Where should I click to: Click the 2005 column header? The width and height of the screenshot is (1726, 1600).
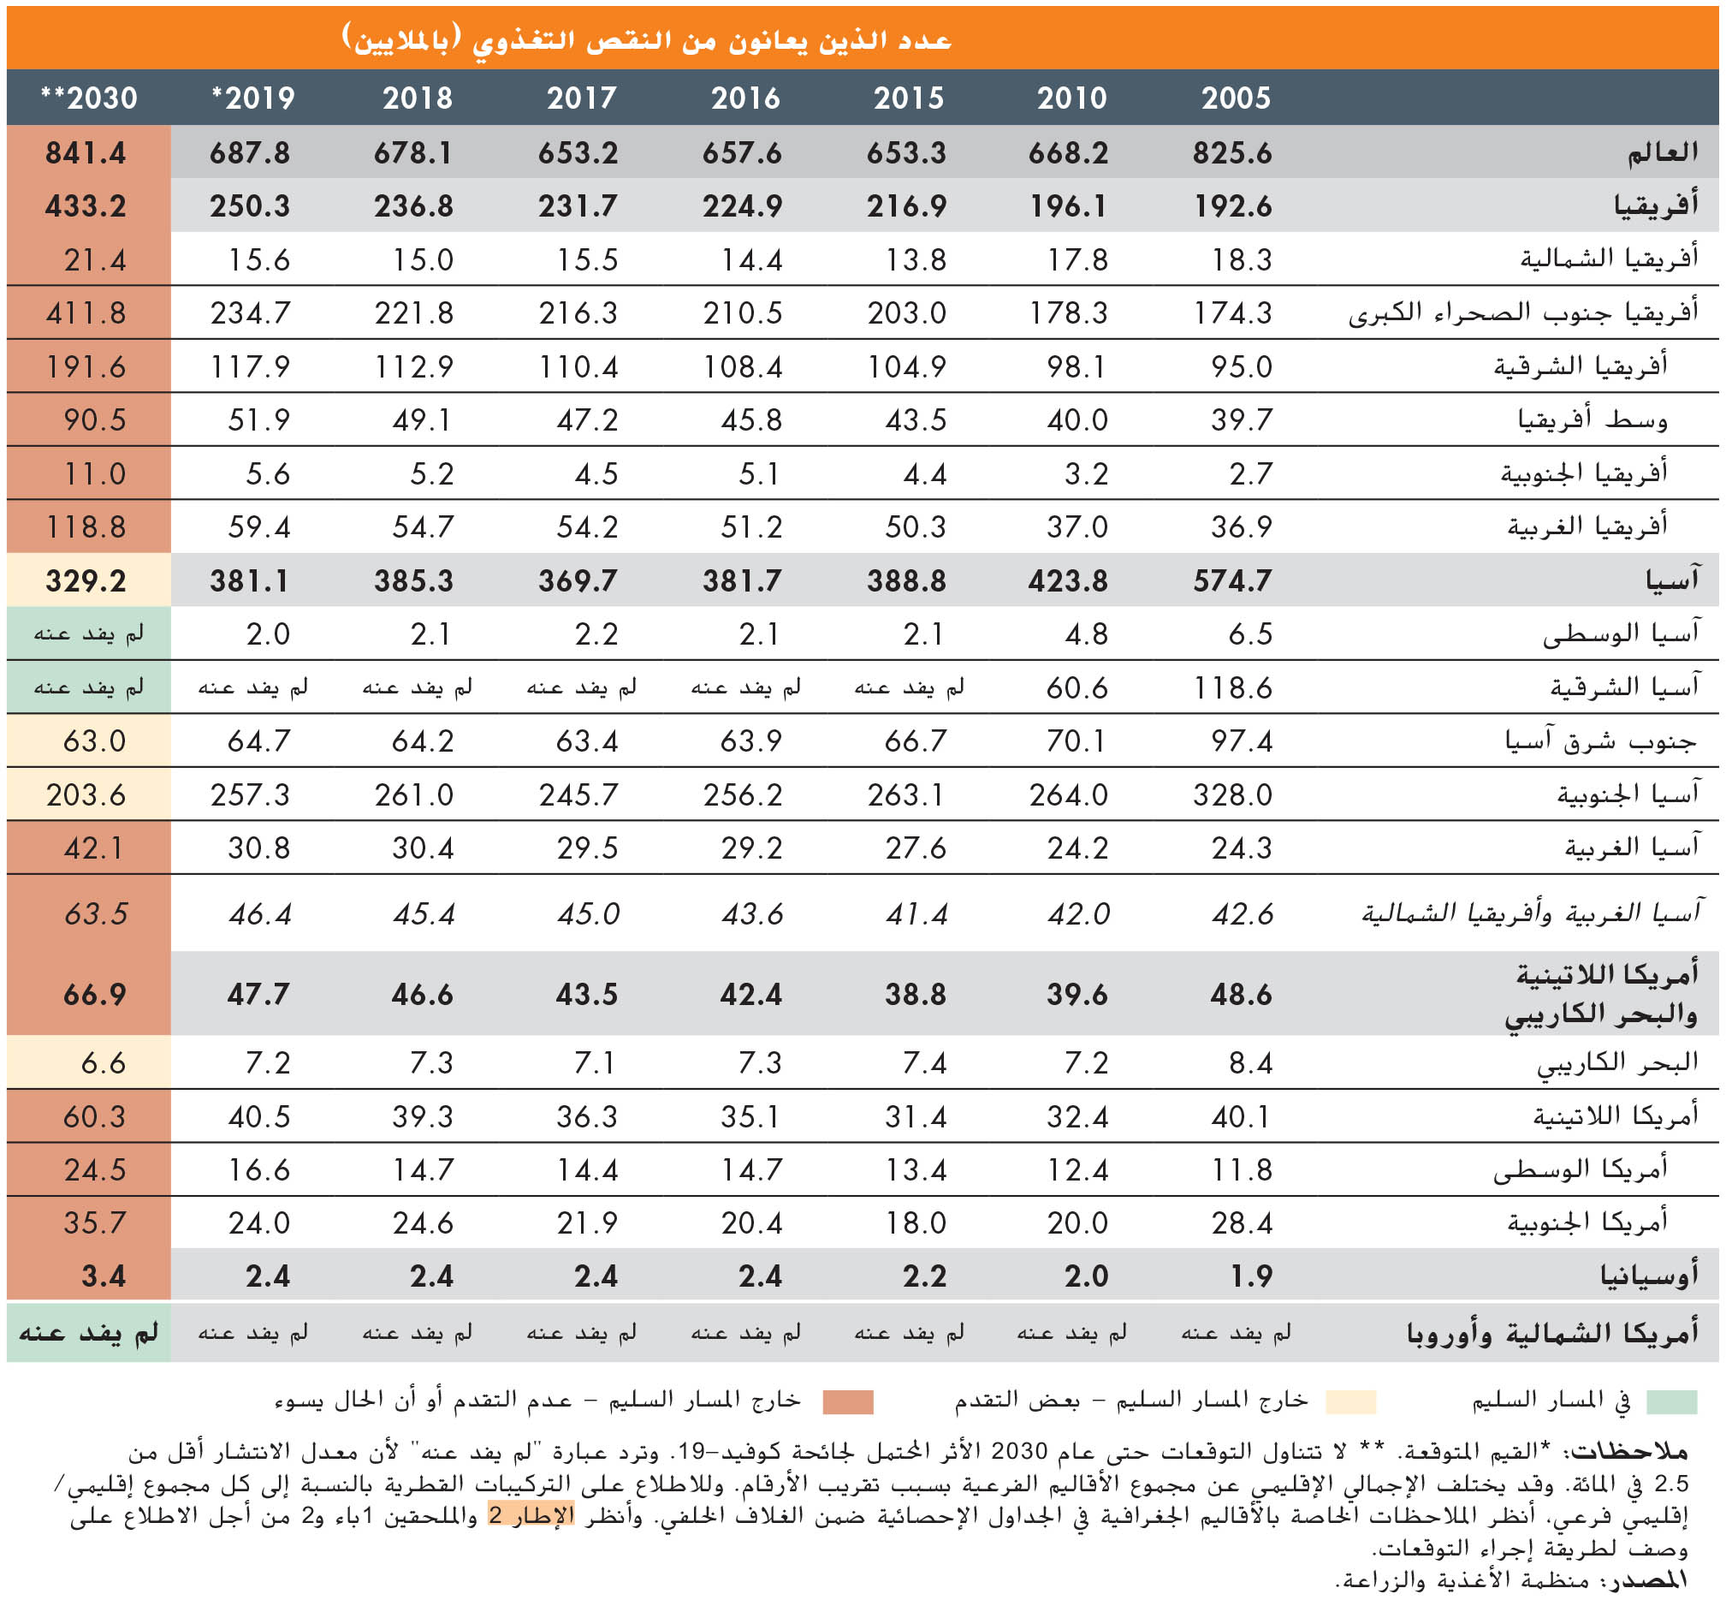(1235, 98)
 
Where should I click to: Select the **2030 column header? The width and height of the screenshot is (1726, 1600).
(89, 98)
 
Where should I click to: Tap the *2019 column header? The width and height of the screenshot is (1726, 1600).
(252, 98)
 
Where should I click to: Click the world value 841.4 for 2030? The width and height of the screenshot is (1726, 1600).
(86, 153)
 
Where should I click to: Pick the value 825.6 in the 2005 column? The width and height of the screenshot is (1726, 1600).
(1231, 153)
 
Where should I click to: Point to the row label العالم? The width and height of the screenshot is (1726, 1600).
(1662, 153)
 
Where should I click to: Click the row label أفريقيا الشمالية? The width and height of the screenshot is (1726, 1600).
(1609, 259)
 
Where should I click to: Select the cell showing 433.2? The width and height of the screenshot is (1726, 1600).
(86, 206)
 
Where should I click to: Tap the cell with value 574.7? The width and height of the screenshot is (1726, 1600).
(1231, 581)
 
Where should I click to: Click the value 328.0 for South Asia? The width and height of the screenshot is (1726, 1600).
(1231, 794)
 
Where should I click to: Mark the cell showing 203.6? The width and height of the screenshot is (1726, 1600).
(86, 794)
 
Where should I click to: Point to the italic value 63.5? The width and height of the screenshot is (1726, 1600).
(94, 913)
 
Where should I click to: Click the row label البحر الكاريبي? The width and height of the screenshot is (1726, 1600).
(1617, 1062)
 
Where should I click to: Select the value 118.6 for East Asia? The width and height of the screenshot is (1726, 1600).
(1231, 688)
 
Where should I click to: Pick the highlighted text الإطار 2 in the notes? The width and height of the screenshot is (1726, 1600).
(531, 1514)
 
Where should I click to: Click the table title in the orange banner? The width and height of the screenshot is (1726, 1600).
(647, 39)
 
